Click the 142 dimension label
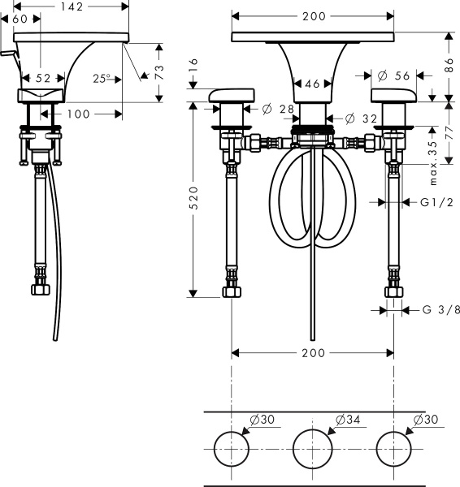point(72,6)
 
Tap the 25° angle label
point(102,79)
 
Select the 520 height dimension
point(193,198)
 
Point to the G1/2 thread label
point(436,202)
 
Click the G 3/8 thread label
point(441,310)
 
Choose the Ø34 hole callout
point(348,420)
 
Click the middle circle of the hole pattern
point(312,449)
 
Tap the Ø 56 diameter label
point(393,75)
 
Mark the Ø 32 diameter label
point(361,119)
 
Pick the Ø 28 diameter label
point(278,109)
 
